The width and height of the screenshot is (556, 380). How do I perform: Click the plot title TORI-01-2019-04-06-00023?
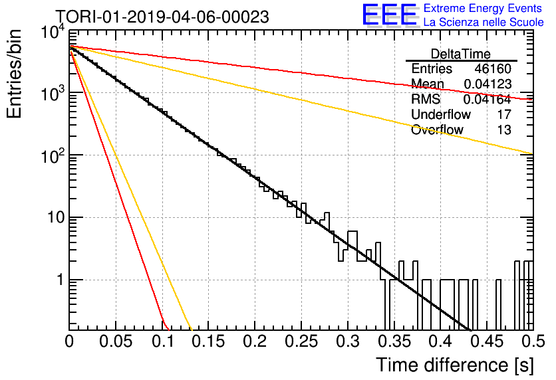point(162,17)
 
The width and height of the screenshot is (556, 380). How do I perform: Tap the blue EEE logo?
point(390,15)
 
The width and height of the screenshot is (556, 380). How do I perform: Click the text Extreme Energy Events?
point(483,8)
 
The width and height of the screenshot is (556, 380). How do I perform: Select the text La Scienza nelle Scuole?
point(484,22)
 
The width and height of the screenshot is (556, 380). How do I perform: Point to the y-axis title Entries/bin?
point(14,74)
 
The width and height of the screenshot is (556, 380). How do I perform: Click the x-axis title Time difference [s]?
point(455,365)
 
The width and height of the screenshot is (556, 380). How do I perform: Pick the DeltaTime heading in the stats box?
point(461,54)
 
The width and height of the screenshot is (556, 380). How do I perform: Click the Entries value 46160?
point(493,68)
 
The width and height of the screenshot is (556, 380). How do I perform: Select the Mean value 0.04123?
point(487,84)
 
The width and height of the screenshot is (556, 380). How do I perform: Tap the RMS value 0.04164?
point(487,99)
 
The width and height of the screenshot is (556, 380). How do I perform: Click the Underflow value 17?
point(504,114)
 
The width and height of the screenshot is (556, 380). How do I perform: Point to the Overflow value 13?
point(504,130)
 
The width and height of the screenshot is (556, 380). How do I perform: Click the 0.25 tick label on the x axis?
point(301,341)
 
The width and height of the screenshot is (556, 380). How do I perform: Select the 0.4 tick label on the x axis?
point(440,341)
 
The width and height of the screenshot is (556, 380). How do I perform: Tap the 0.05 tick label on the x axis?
point(116,341)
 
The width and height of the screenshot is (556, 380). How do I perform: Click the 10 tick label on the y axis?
point(56,217)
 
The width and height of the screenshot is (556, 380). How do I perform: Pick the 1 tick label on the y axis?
point(61,280)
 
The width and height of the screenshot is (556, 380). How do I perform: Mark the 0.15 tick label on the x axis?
point(208,341)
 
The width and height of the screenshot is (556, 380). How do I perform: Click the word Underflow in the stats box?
point(441,114)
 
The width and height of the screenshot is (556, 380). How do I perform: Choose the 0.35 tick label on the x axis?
point(394,341)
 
